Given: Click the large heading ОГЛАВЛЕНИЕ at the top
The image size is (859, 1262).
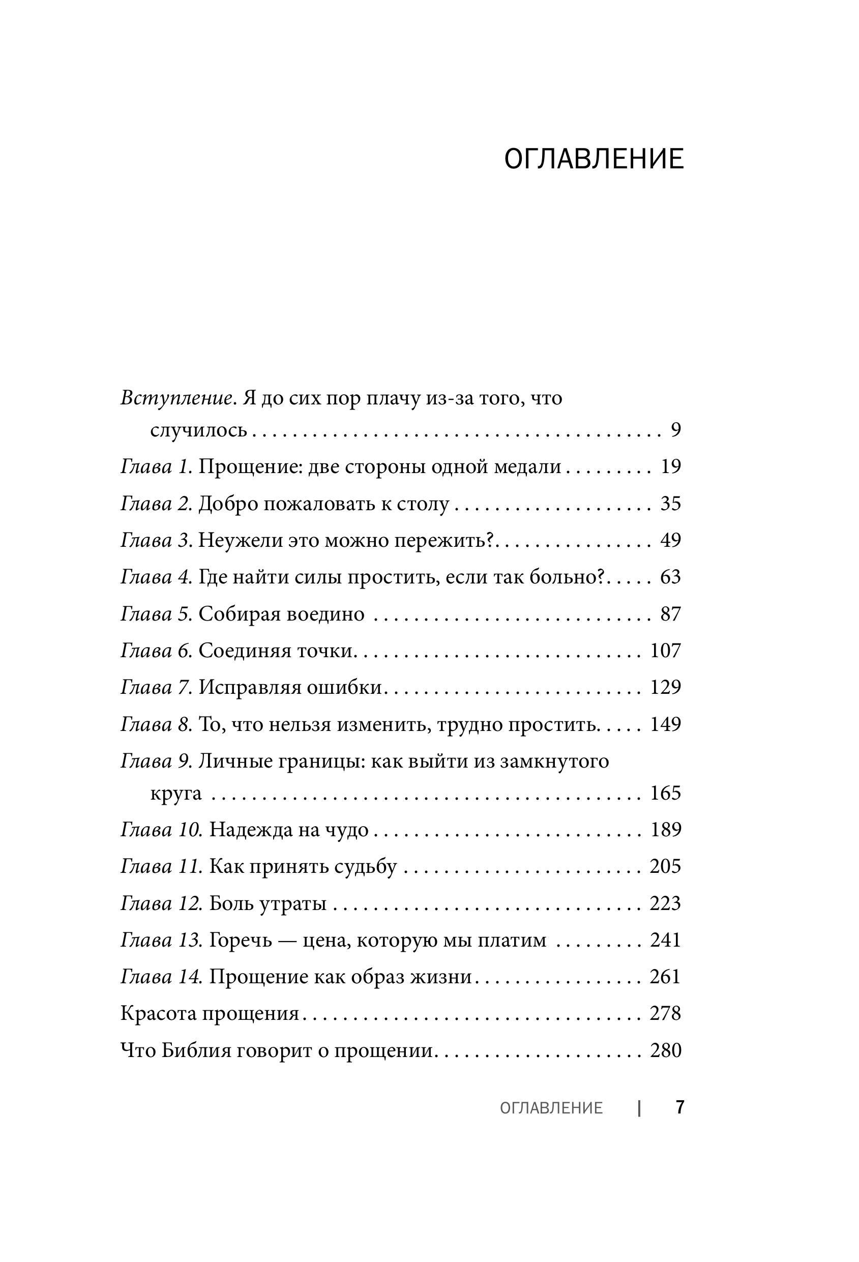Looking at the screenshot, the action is [594, 160].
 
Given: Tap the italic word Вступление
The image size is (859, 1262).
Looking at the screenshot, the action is [178, 399].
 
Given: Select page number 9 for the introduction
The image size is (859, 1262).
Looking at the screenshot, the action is [675, 431].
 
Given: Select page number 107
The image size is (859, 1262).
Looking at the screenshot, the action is [665, 651].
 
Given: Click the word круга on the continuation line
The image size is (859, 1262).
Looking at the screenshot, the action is [176, 794].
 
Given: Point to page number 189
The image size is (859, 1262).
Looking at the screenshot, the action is [665, 830].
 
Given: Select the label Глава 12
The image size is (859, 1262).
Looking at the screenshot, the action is [161, 903].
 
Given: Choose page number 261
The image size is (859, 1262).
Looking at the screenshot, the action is [665, 977].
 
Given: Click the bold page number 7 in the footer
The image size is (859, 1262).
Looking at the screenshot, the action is [679, 1108].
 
